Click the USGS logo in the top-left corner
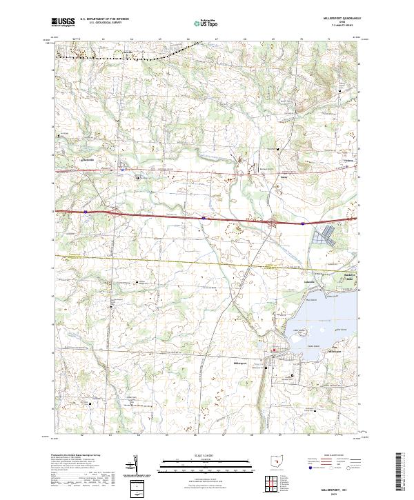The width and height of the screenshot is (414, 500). click(63, 21)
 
